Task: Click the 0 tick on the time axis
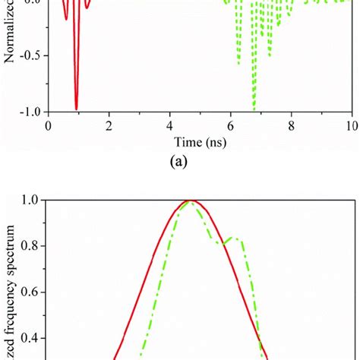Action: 49,125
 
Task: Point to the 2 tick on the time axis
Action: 109,125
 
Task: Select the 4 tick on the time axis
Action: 170,125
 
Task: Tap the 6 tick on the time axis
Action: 230,125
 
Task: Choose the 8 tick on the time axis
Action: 291,125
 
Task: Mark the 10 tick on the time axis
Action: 350,125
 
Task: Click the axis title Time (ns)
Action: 200,142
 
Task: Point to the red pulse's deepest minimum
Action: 76,109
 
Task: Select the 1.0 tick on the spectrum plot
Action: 30,201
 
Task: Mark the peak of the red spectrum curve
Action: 190,201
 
